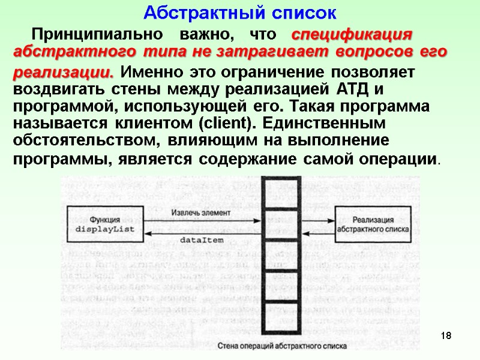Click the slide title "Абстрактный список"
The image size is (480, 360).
pos(241,12)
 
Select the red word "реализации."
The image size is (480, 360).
pos(63,73)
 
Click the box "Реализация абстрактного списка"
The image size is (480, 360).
pos(373,224)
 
